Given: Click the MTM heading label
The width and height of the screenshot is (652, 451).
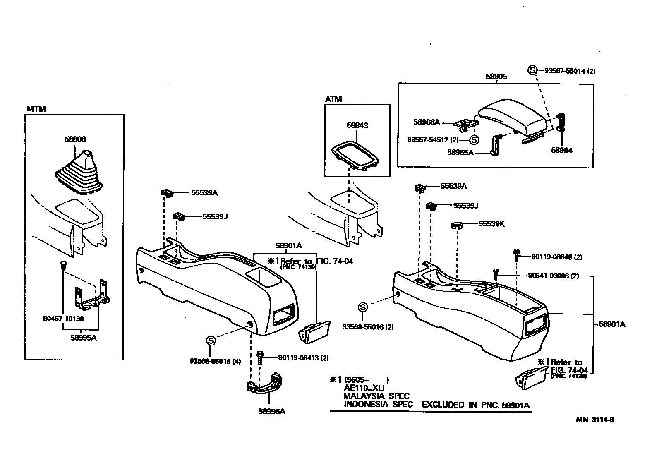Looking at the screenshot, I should click(36, 109).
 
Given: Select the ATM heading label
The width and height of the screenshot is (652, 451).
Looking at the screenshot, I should click(333, 99).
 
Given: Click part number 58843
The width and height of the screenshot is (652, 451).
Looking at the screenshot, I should click(357, 125).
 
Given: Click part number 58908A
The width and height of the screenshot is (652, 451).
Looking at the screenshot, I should click(427, 122).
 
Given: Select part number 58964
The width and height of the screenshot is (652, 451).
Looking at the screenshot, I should click(561, 151).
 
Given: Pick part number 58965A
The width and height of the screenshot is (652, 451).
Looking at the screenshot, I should click(460, 152).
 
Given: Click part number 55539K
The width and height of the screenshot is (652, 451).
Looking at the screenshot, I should click(491, 224).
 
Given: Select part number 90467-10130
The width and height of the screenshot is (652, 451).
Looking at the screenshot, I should click(63, 319).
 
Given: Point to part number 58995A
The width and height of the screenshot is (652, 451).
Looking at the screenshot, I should click(83, 337).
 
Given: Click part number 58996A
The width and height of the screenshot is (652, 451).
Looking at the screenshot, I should click(272, 411).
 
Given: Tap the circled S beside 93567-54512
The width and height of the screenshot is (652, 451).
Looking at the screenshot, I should click(474, 140).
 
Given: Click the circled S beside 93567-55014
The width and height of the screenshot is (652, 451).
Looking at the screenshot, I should click(532, 70).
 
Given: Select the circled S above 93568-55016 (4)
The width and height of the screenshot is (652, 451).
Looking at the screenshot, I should click(211, 341).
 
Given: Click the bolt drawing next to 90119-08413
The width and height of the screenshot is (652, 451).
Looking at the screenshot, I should click(260, 357).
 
